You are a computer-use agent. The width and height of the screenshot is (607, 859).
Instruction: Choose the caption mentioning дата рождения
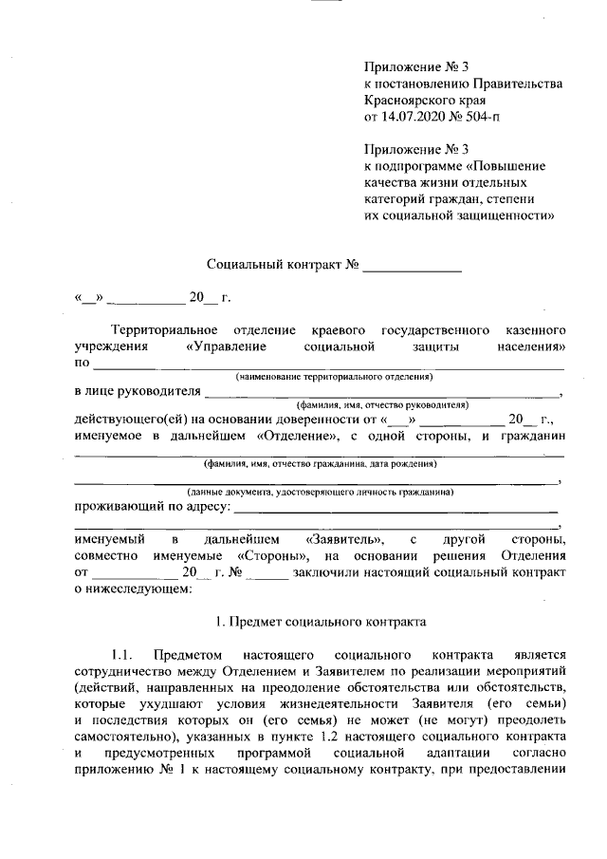(x=321, y=465)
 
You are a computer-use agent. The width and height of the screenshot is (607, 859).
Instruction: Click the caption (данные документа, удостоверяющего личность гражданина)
(x=321, y=493)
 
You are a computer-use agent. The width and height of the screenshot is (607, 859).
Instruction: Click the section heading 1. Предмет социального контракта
(x=321, y=623)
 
